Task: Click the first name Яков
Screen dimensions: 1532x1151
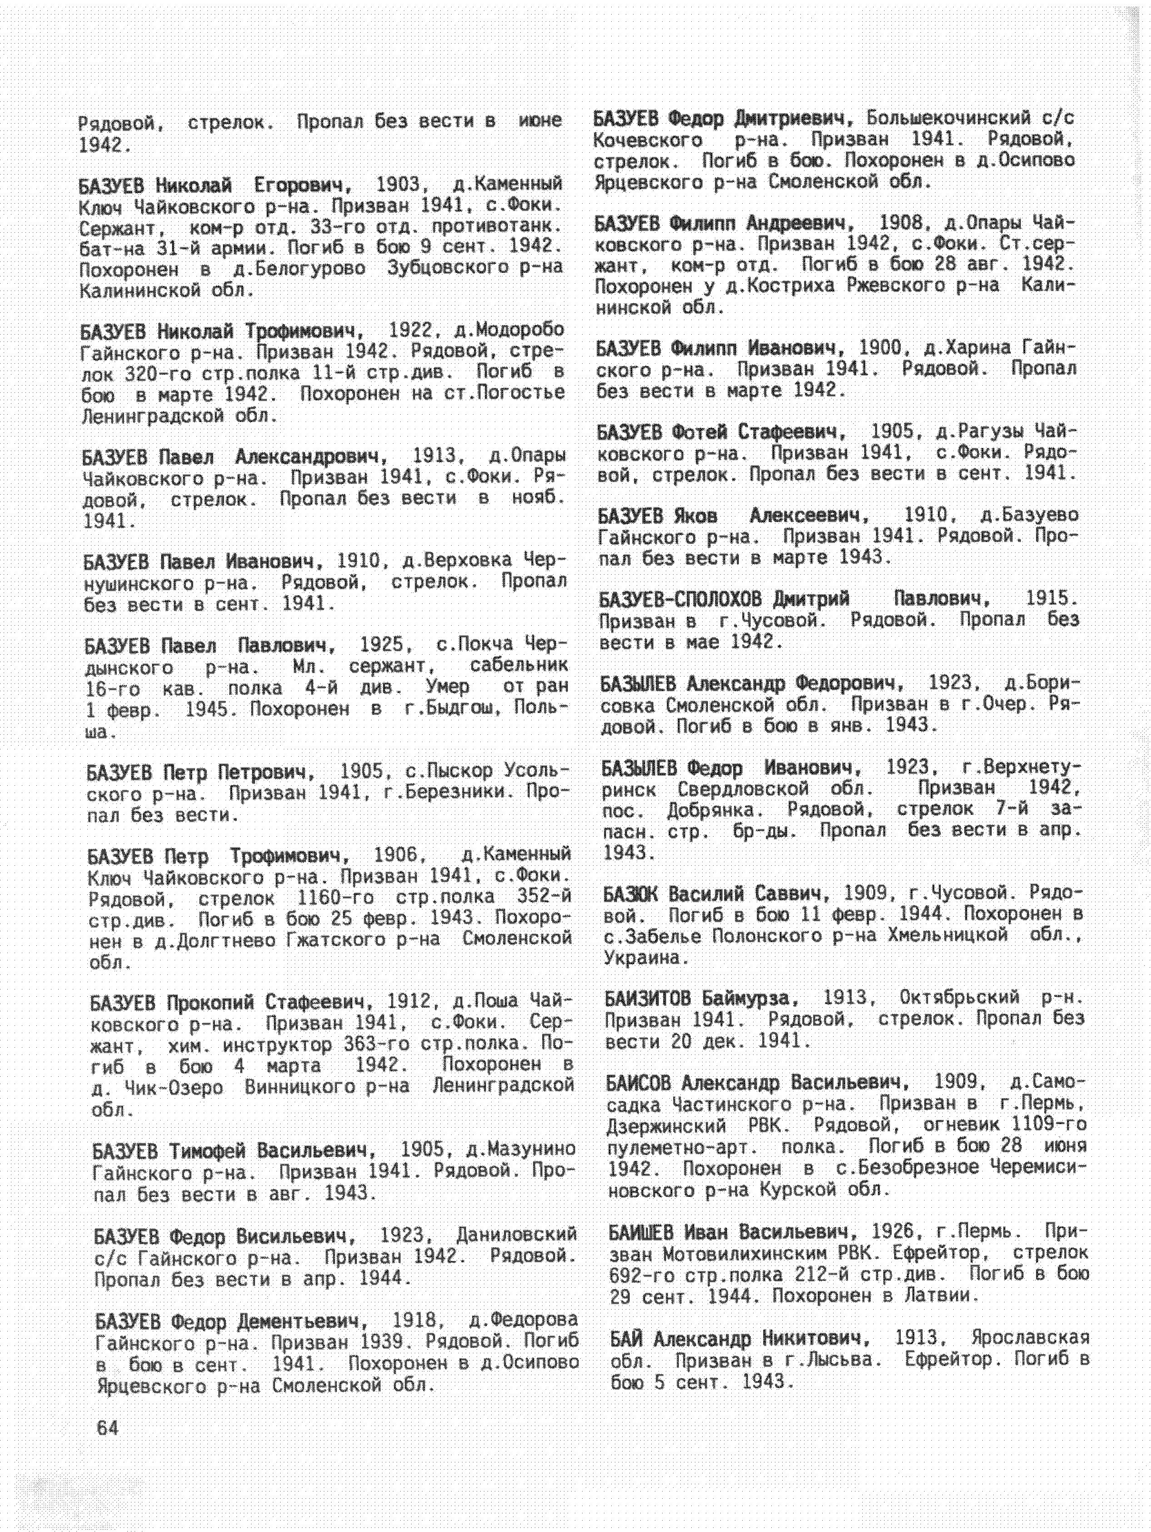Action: pos(694,516)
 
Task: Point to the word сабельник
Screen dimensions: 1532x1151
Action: pos(519,666)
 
